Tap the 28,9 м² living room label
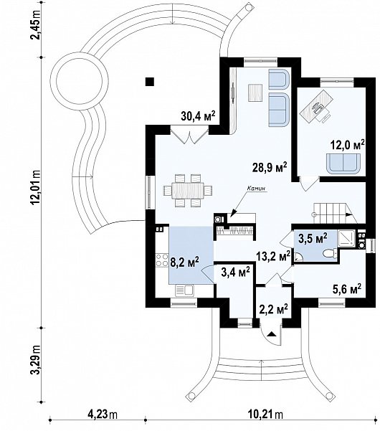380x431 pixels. [x=270, y=167]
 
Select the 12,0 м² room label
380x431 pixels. [x=347, y=144]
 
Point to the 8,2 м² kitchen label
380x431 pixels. [x=185, y=262]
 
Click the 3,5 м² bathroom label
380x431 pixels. [x=313, y=238]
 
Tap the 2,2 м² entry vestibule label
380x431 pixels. [x=273, y=309]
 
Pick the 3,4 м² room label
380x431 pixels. [x=235, y=273]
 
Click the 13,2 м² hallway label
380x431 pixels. [x=273, y=257]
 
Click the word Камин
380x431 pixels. [x=257, y=189]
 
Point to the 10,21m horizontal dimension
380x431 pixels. [x=265, y=413]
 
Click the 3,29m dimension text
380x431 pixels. [x=36, y=360]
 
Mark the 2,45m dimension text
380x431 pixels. [x=36, y=24]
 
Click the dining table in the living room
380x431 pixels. [x=188, y=191]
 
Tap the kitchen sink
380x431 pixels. [x=184, y=290]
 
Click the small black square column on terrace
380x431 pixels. [x=150, y=82]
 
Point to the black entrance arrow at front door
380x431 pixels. [x=272, y=334]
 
